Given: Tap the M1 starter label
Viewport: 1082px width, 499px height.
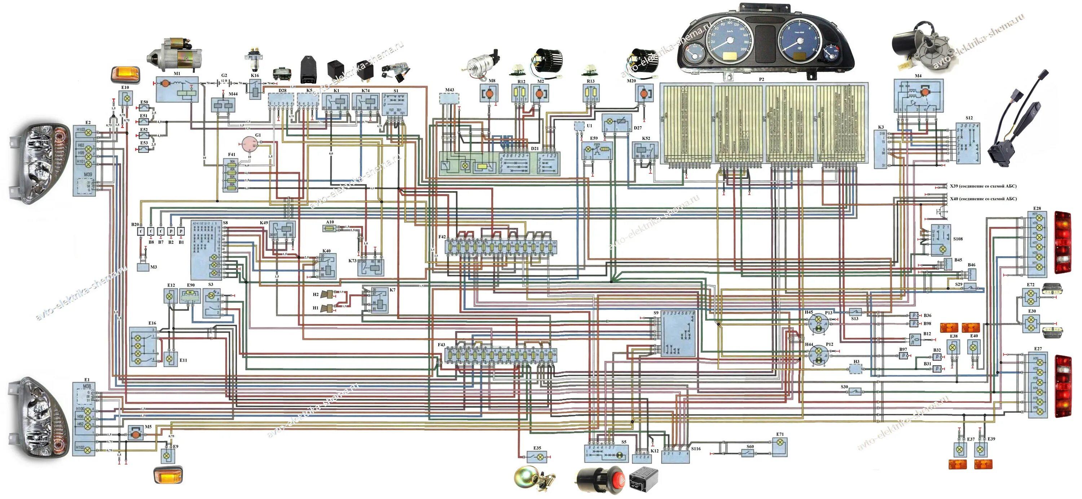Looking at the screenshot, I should (x=177, y=74).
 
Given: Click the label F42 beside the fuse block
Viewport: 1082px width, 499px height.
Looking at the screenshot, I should (x=442, y=237).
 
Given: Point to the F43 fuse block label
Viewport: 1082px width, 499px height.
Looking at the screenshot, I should (x=441, y=345).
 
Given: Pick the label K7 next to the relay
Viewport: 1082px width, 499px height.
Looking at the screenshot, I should (x=392, y=290).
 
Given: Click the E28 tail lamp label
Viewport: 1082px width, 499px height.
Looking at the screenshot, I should (x=1037, y=209).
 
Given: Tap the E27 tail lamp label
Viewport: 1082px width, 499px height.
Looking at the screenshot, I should (x=1038, y=349).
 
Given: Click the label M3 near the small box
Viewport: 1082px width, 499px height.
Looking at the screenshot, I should (x=153, y=267).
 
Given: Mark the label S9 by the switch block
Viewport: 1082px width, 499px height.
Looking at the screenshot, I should (x=656, y=313).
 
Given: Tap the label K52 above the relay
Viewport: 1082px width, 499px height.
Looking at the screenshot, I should (x=646, y=138).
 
